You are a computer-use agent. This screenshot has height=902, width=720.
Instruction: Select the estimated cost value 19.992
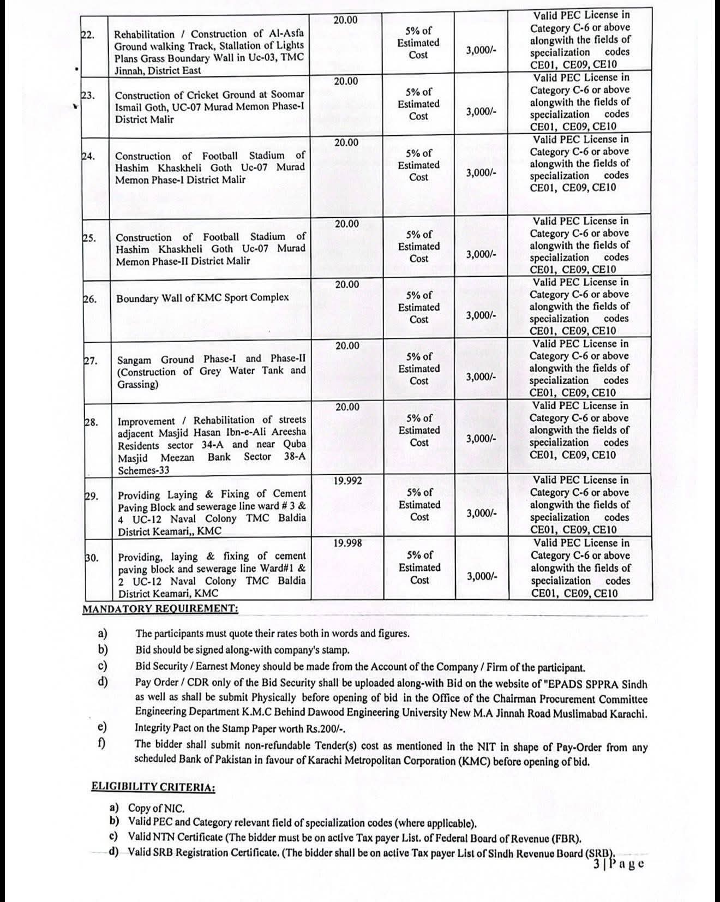[x=347, y=481]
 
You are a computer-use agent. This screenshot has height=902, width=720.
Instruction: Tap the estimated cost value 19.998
[x=347, y=543]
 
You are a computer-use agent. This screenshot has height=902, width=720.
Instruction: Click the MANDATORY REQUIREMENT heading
[x=160, y=608]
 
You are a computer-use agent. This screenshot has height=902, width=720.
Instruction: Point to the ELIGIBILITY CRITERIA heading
[x=153, y=787]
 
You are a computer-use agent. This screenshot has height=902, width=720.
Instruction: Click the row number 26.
[x=90, y=299]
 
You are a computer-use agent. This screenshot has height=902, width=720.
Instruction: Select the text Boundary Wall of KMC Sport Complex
[x=202, y=298]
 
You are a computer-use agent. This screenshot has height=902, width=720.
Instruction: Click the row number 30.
[x=92, y=558]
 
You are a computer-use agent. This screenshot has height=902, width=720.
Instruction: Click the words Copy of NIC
[x=156, y=808]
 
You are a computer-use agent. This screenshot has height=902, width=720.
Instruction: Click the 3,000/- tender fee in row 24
[x=481, y=172]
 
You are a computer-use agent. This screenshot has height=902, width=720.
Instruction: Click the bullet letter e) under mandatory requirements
[x=102, y=727]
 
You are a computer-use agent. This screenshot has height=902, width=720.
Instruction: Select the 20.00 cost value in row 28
[x=347, y=407]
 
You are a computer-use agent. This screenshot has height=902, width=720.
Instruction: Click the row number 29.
[x=92, y=496]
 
